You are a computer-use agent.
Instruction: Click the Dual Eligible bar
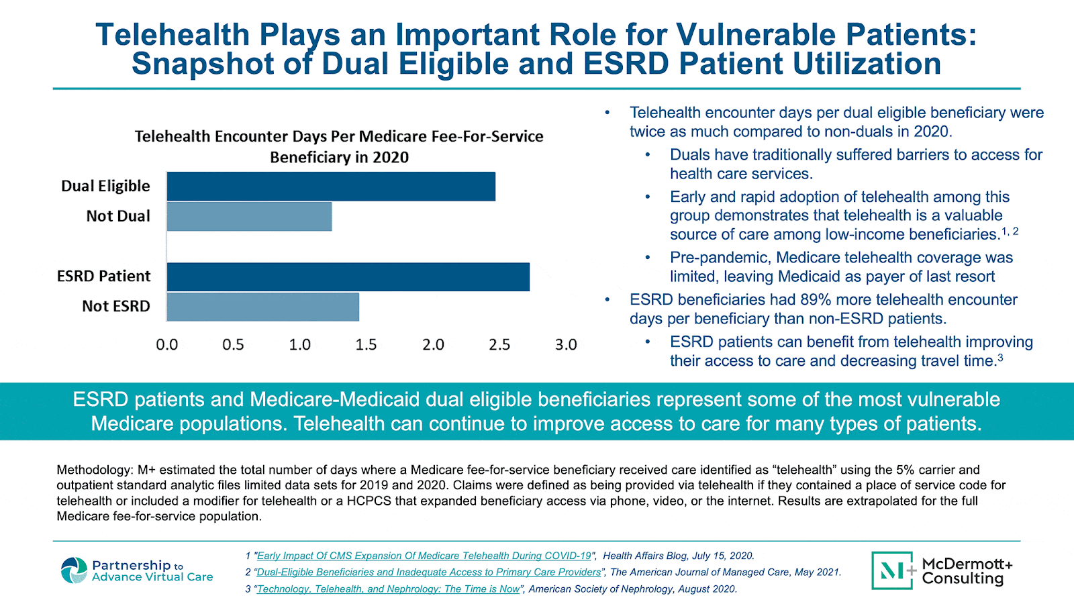tap(331, 187)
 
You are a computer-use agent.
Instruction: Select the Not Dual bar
tap(249, 216)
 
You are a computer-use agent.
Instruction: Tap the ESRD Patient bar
tap(348, 276)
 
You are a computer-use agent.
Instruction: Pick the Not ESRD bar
tap(262, 307)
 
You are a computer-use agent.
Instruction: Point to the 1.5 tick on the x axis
tap(366, 345)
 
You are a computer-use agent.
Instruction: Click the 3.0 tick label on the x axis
tap(566, 345)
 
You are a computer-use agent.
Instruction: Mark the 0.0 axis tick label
tap(167, 345)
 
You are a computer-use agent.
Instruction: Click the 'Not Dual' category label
tap(118, 216)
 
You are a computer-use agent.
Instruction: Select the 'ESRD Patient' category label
tap(104, 276)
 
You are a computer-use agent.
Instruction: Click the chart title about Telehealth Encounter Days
tap(339, 146)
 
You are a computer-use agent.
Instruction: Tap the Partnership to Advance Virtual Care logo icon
tap(74, 570)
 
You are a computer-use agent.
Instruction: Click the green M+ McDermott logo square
tap(892, 570)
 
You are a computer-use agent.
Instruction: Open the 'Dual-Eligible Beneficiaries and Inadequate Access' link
tap(429, 572)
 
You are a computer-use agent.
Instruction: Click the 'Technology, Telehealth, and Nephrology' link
tap(389, 589)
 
